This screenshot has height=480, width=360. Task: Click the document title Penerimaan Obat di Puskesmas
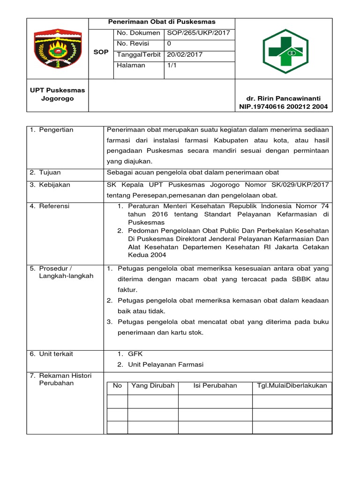(162, 22)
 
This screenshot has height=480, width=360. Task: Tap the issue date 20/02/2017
(185, 54)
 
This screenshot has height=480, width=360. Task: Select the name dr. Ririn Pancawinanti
(283, 98)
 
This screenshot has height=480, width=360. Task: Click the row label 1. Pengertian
(52, 130)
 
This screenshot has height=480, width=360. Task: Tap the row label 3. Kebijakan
(50, 185)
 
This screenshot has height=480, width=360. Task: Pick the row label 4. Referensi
(49, 206)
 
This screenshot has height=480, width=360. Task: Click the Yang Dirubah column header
(153, 386)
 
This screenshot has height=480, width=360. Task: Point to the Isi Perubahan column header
(215, 386)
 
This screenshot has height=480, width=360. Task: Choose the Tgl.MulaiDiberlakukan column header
(292, 386)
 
